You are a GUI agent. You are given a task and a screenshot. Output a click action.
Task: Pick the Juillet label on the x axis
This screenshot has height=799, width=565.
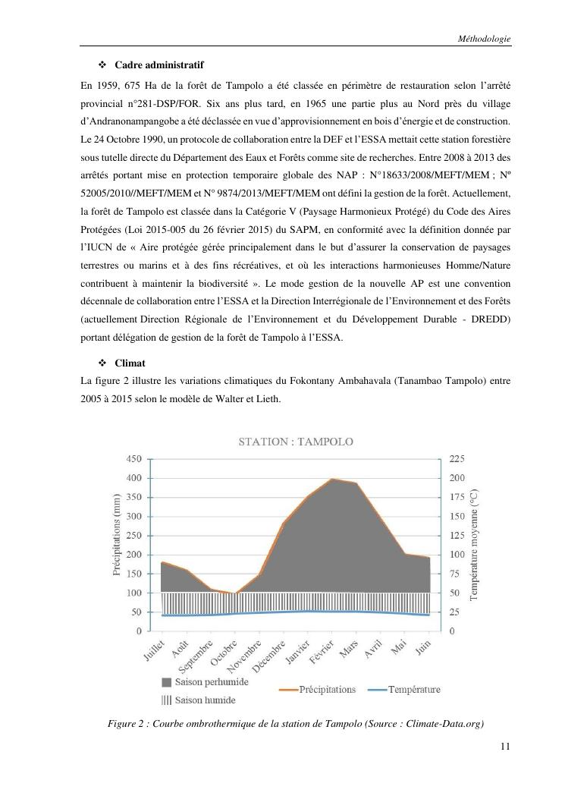tap(154, 652)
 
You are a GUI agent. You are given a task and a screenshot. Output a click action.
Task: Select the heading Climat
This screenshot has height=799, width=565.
tap(130, 363)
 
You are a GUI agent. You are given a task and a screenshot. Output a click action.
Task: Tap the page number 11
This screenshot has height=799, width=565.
tap(506, 747)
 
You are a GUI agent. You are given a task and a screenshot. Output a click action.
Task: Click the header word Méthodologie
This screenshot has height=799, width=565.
tap(485, 37)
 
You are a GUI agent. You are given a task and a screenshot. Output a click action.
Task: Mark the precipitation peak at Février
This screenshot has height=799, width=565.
tap(331, 479)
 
